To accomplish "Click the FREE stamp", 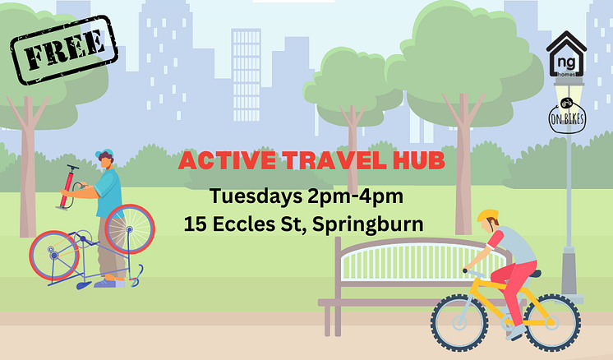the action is [64, 49].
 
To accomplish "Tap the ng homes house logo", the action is [566, 54].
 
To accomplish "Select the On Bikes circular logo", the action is [567, 115].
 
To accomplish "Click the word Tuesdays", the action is [256, 196].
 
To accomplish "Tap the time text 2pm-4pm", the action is [355, 196].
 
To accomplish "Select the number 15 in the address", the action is [196, 224].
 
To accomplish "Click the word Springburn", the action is [368, 225].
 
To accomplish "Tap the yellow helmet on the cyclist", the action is [487, 215].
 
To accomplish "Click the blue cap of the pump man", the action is [104, 153].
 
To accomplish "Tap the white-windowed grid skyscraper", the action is [247, 75].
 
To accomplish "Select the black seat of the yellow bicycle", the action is [534, 274].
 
